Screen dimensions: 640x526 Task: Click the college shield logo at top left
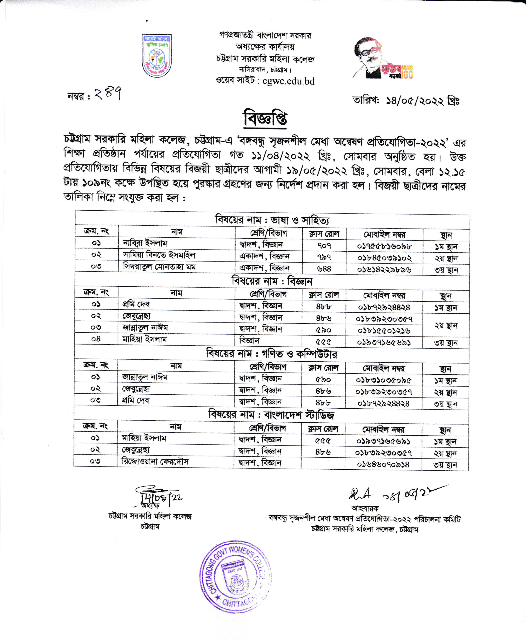coord(157,55)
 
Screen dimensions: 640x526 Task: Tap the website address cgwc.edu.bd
coord(288,81)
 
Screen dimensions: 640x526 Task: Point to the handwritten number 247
coord(108,94)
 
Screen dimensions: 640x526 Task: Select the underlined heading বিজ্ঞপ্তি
coord(265,118)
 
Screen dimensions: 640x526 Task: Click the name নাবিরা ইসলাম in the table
coord(145,243)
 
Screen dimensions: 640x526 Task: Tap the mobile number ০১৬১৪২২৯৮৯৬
coord(384,269)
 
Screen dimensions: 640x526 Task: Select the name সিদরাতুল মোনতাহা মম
coord(159,267)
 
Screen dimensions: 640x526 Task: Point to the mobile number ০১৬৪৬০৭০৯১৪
coord(383,464)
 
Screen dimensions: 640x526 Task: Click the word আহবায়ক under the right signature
coord(365,508)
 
